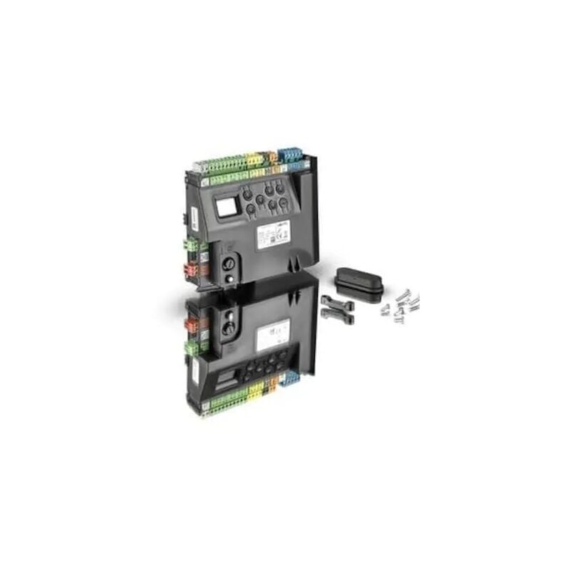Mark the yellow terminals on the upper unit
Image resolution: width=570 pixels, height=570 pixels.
click(x=254, y=161)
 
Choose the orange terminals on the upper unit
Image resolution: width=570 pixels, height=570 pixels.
click(x=271, y=157)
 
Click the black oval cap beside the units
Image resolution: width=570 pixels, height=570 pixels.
click(x=359, y=284)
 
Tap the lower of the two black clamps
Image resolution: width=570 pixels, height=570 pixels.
click(x=336, y=313)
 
